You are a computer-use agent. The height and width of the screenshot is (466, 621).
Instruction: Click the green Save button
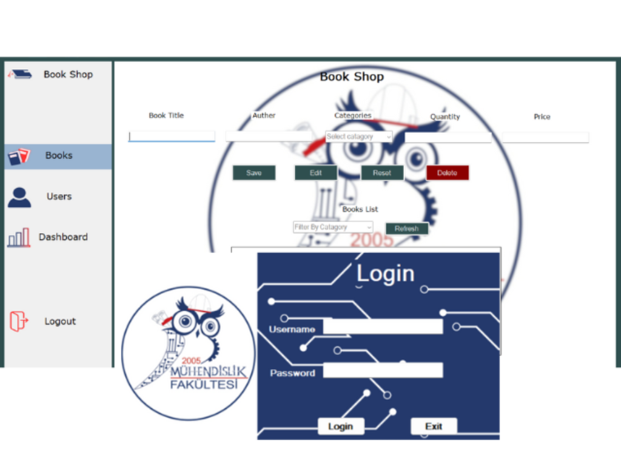(254, 173)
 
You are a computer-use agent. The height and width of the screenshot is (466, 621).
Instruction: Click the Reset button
(382, 173)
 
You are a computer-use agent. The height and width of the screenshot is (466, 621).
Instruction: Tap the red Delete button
(448, 173)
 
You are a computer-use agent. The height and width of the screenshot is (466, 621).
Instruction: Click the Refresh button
(406, 229)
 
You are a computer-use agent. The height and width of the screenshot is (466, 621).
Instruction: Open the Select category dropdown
(359, 137)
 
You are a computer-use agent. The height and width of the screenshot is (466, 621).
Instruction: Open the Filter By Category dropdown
(333, 227)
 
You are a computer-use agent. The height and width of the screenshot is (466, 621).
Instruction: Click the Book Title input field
(172, 137)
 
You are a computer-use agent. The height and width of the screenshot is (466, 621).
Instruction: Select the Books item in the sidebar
(59, 156)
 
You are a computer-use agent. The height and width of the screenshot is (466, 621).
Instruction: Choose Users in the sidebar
(59, 197)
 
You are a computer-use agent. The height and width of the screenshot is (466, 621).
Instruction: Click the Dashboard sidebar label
(63, 237)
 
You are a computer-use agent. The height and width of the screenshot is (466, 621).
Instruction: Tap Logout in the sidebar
(60, 322)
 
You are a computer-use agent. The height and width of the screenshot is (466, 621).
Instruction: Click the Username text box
(383, 326)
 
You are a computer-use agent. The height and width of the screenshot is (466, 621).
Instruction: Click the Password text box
(383, 370)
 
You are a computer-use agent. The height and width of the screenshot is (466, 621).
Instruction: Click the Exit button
(434, 427)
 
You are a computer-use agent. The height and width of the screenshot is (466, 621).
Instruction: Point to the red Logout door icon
(19, 321)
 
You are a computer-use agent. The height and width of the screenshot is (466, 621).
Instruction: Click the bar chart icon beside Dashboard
(19, 237)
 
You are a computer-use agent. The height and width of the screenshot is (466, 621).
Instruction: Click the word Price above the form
(542, 116)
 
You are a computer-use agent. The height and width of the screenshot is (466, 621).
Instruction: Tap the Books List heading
(360, 209)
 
